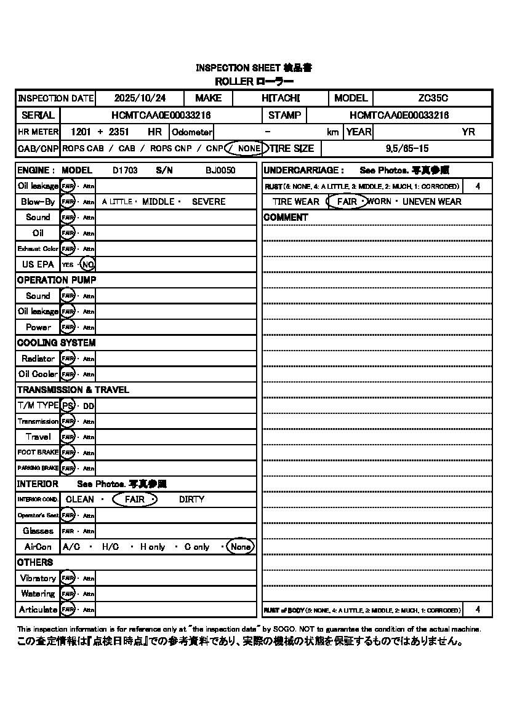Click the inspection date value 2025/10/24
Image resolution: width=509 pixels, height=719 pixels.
point(140,98)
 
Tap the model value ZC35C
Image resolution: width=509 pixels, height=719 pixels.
point(433,98)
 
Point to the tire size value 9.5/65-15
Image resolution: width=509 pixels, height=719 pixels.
point(407,148)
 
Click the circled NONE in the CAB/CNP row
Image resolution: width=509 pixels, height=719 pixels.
point(248,148)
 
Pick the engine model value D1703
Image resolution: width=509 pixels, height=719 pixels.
point(125,170)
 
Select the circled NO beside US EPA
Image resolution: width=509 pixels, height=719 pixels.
point(88,264)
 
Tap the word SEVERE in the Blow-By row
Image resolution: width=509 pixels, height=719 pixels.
point(209,202)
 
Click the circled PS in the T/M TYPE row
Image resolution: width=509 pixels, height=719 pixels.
point(68,406)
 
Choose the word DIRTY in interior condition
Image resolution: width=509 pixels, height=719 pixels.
point(191,499)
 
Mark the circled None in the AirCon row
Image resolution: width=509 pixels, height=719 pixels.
point(241,547)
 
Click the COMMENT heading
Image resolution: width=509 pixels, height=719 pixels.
point(286,218)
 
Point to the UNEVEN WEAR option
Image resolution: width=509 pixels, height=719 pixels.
point(431,202)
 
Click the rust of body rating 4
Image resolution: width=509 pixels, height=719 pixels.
point(478,610)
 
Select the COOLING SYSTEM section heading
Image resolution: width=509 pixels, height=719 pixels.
point(56,343)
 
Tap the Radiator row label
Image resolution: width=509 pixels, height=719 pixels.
point(38,359)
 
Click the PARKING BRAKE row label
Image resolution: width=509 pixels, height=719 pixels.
point(38,468)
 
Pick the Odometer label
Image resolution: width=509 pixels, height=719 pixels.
point(192,132)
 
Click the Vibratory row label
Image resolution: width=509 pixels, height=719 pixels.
point(38,578)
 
